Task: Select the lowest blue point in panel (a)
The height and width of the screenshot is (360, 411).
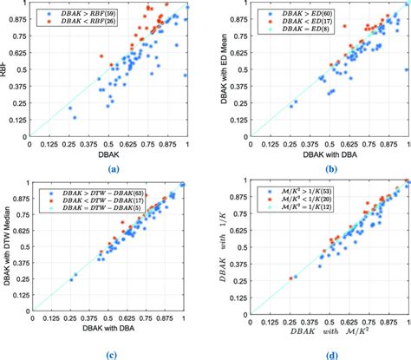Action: [75, 116]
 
